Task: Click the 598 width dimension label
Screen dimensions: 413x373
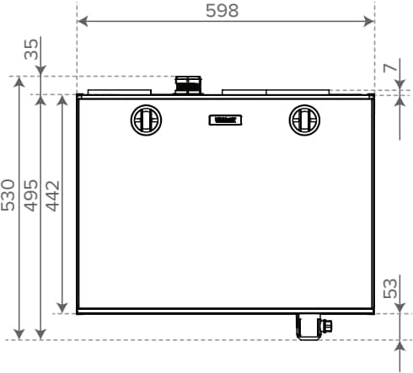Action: click(x=222, y=11)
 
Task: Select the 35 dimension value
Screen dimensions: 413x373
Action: click(x=31, y=50)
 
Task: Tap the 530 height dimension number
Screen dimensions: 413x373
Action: click(x=8, y=195)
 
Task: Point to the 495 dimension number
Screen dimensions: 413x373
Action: click(x=30, y=195)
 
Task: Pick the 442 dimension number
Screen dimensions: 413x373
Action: click(x=53, y=196)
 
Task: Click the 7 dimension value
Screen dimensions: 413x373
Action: click(x=390, y=68)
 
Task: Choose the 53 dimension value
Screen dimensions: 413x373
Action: click(x=390, y=288)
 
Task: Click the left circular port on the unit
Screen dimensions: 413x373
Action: click(x=146, y=120)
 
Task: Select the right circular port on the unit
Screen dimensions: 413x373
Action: click(x=304, y=120)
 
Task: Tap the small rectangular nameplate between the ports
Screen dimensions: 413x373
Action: click(x=225, y=120)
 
